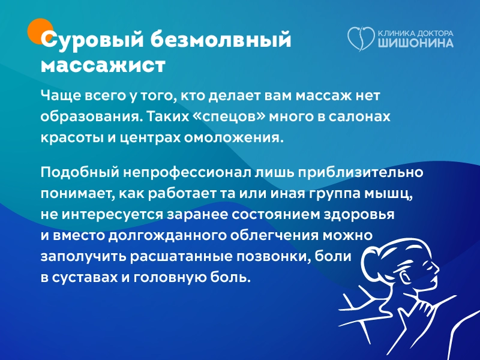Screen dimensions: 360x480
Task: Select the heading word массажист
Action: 103,64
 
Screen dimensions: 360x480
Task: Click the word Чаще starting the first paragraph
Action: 58,95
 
